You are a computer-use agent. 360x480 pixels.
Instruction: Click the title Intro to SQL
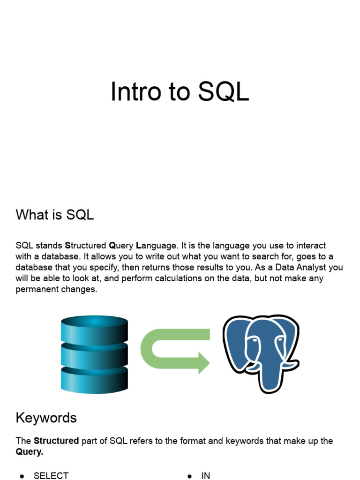coord(180,91)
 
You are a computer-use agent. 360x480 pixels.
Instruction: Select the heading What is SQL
coord(54,215)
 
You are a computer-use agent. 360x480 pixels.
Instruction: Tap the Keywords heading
coord(46,418)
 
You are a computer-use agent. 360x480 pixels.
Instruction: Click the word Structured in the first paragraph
coord(85,246)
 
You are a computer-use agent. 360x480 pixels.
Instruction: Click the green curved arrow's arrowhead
coord(203,363)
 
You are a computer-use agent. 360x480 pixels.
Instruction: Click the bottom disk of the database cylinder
coord(94,380)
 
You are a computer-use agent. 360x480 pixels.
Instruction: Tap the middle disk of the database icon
coord(94,355)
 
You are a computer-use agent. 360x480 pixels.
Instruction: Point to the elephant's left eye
coord(254,340)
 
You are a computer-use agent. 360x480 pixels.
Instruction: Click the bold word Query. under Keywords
coord(30,452)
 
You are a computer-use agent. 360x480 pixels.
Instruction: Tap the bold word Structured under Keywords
coord(56,441)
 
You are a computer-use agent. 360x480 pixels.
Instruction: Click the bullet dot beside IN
coord(190,476)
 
